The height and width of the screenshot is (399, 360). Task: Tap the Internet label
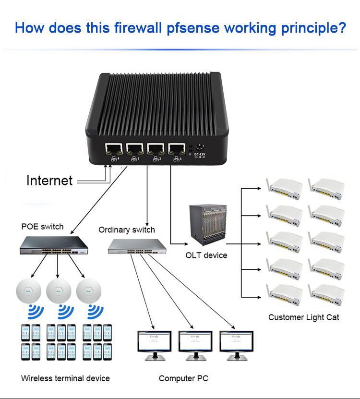pyautogui.click(x=49, y=181)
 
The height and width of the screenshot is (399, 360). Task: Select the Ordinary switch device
pyautogui.click(x=137, y=246)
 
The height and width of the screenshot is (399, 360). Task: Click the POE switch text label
pyautogui.click(x=42, y=227)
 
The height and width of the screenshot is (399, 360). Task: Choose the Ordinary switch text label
pyautogui.click(x=127, y=230)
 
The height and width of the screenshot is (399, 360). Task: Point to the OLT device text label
pyautogui.click(x=206, y=255)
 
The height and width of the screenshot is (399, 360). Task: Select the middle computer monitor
pyautogui.click(x=195, y=343)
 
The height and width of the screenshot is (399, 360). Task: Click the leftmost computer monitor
pyautogui.click(x=154, y=343)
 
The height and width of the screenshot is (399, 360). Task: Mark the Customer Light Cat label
pyautogui.click(x=303, y=317)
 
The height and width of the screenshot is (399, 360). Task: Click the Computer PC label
pyautogui.click(x=183, y=379)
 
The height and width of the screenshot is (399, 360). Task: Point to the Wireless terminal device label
pyautogui.click(x=65, y=378)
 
